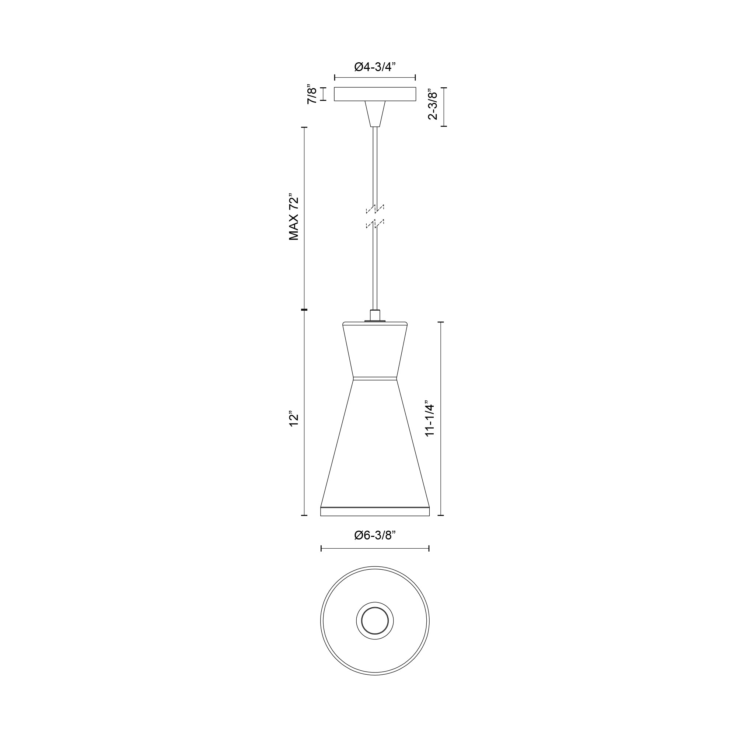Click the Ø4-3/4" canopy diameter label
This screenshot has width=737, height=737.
tap(375, 67)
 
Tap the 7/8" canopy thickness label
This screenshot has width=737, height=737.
tap(312, 95)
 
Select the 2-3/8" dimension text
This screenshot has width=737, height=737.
tap(433, 105)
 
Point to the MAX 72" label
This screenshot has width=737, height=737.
tap(293, 218)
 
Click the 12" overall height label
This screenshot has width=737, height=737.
tap(293, 419)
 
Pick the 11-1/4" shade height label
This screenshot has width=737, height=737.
tap(430, 419)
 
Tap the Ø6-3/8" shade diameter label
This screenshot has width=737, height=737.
tap(375, 535)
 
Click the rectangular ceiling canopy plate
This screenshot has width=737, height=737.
tap(375, 94)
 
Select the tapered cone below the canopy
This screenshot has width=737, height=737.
tap(375, 113)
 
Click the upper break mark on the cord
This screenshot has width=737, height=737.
tap(375, 209)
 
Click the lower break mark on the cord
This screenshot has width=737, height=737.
tap(375, 224)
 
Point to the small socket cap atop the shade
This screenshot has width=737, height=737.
tap(375, 315)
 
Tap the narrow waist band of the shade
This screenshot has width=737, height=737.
tap(375, 379)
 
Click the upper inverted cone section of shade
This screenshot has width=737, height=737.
tap(375, 351)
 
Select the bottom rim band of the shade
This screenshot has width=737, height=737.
tap(375, 511)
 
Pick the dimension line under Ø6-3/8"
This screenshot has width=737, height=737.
tap(375, 549)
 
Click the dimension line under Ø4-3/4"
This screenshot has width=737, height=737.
tap(375, 78)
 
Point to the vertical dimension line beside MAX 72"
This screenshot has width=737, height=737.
tap(304, 218)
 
